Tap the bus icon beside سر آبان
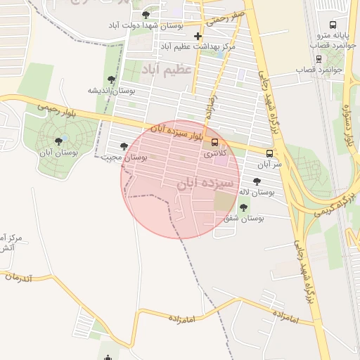click(x=269, y=153)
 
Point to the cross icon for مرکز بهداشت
click(x=198, y=36)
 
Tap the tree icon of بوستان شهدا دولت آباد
click(x=146, y=15)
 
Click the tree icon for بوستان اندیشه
click(x=111, y=79)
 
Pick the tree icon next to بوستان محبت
click(x=124, y=146)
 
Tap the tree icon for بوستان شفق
click(x=244, y=207)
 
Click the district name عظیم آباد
click(x=166, y=70)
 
